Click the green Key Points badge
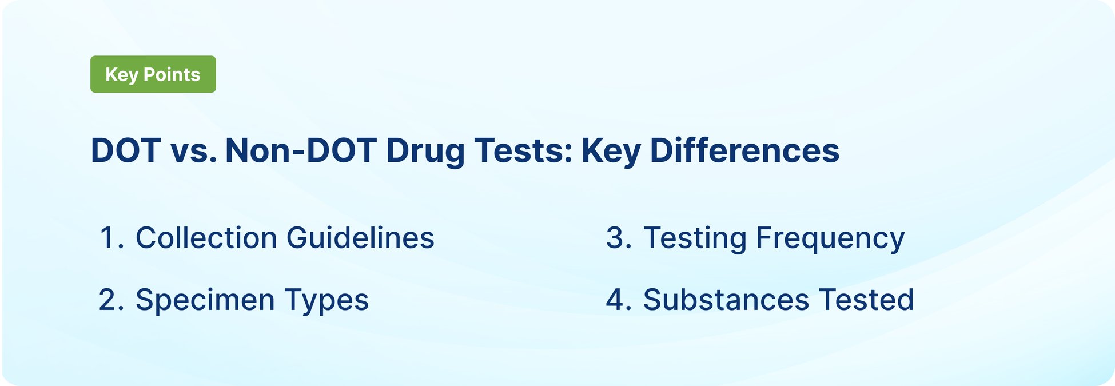click(x=153, y=74)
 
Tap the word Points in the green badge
click(x=172, y=74)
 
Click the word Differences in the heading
click(x=744, y=151)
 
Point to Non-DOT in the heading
click(x=300, y=151)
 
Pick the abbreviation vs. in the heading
click(x=193, y=151)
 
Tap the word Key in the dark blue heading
click(x=611, y=151)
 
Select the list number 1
click(x=110, y=238)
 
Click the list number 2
click(x=110, y=300)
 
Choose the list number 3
click(x=618, y=238)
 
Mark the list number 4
click(x=618, y=300)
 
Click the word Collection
click(x=206, y=238)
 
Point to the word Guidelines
click(x=360, y=238)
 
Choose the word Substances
click(x=726, y=300)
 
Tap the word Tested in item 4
click(x=866, y=300)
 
